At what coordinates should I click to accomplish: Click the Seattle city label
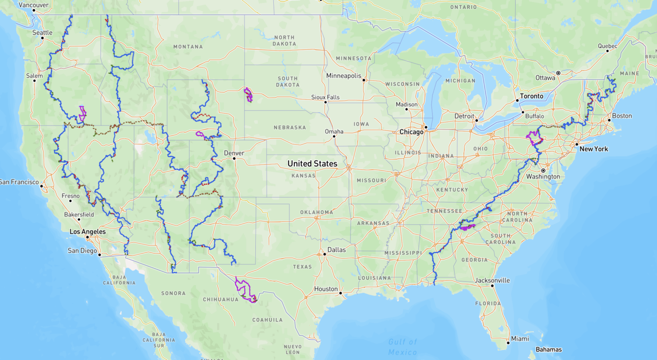coord(42,33)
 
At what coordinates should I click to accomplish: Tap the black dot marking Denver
coord(234,159)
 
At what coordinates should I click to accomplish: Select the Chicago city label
coord(411,132)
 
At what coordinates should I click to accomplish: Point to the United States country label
coord(312,164)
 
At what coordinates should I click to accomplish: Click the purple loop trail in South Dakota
coord(248,95)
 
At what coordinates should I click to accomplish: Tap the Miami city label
coord(520,339)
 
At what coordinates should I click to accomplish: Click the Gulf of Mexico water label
coord(403,347)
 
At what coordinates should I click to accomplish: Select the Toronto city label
coord(531,96)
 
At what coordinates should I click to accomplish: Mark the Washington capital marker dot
coord(543,170)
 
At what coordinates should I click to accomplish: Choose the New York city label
coord(593,149)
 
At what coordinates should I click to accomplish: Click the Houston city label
coord(326,289)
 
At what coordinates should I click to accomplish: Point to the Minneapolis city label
coord(343,76)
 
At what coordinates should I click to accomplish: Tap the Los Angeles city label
coord(88,232)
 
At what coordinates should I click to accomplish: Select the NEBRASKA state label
coord(290,127)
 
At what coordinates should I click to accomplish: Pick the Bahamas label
coord(548,349)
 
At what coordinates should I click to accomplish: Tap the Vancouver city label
coord(33,5)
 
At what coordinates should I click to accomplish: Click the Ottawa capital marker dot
coord(558,73)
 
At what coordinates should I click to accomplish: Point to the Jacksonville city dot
coord(492,286)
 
